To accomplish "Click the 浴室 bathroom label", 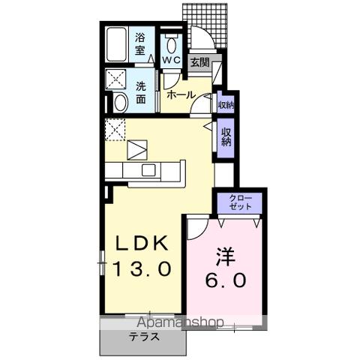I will click(x=139, y=46).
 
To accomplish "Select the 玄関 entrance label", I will click(x=199, y=63).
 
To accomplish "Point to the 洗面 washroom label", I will click(x=141, y=91).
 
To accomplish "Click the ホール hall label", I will click(x=181, y=94).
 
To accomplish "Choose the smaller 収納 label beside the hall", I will click(x=226, y=105).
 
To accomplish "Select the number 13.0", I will click(x=143, y=268).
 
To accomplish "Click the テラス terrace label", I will click(x=142, y=337).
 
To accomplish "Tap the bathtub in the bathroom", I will click(x=115, y=45).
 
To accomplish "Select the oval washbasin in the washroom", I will click(x=118, y=103).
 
